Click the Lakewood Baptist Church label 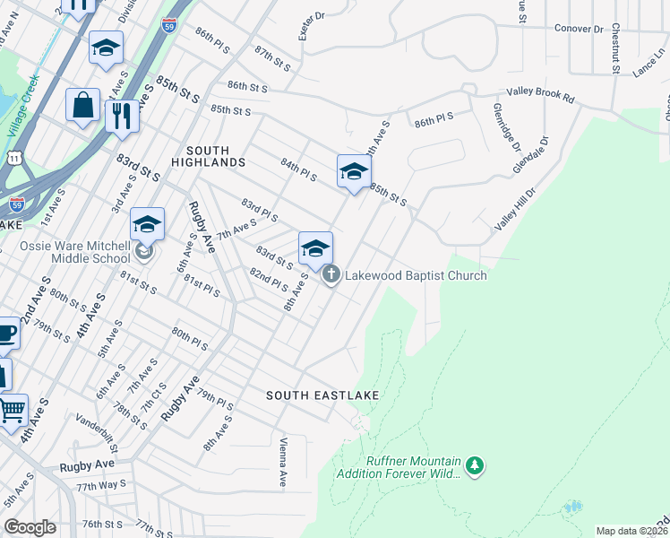point(416,275)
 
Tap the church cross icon point(331,274)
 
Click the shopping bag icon point(82,106)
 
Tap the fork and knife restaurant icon point(122,116)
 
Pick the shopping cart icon point(12,411)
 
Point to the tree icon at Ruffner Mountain point(475,465)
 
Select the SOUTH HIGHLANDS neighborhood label point(215,156)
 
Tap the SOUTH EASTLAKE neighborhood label point(322,395)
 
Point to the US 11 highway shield point(13,158)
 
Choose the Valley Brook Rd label point(540,92)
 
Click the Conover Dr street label point(579,29)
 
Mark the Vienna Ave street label point(282,463)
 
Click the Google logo point(30,526)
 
